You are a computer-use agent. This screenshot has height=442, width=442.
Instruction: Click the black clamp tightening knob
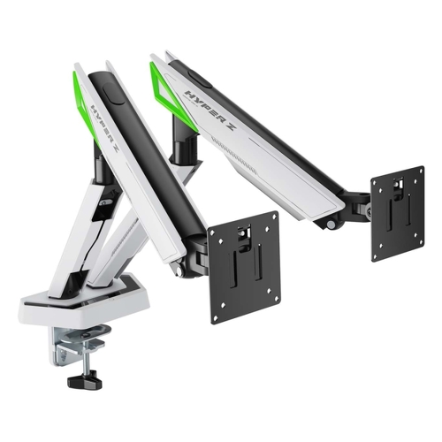pyautogui.click(x=85, y=380)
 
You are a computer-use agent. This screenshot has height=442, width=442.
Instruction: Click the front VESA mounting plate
pyautogui.click(x=244, y=267)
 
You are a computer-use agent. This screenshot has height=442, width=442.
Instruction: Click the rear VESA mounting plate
pyautogui.click(x=398, y=213)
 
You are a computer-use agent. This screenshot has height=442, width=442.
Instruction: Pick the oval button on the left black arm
pyautogui.click(x=113, y=95)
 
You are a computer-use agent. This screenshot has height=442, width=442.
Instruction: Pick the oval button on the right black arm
pyautogui.click(x=200, y=77)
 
